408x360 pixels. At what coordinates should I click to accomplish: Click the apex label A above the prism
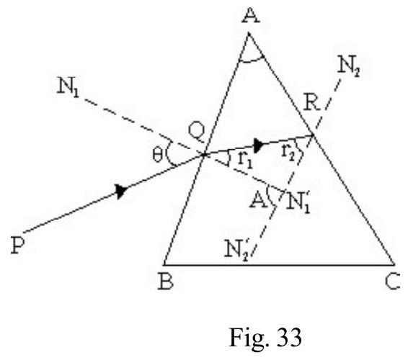coord(251,16)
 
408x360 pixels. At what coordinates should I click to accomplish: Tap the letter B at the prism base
coord(166,282)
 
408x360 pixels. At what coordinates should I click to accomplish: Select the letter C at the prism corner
coord(393,282)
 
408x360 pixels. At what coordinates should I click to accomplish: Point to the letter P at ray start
coord(18,246)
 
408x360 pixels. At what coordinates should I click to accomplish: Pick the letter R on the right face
coord(311,103)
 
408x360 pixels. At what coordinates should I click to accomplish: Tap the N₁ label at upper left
coord(68,86)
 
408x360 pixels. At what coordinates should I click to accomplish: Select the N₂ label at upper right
coord(348,67)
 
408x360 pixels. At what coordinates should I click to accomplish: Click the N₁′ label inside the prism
coord(298,203)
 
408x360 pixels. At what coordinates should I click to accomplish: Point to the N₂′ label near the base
coord(237,248)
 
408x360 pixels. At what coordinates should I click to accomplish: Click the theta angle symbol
coord(158,156)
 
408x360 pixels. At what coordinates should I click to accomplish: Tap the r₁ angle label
coord(245,161)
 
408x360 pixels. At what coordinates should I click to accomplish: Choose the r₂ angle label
coord(288,151)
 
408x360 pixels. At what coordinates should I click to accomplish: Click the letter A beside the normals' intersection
coord(258,201)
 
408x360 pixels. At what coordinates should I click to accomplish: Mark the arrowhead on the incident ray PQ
coord(122,191)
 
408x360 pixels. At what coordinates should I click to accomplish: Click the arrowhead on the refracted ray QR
coord(259,145)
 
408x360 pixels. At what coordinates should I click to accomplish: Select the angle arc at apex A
coord(252,60)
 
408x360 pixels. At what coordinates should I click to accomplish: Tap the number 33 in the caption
coord(289,337)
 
